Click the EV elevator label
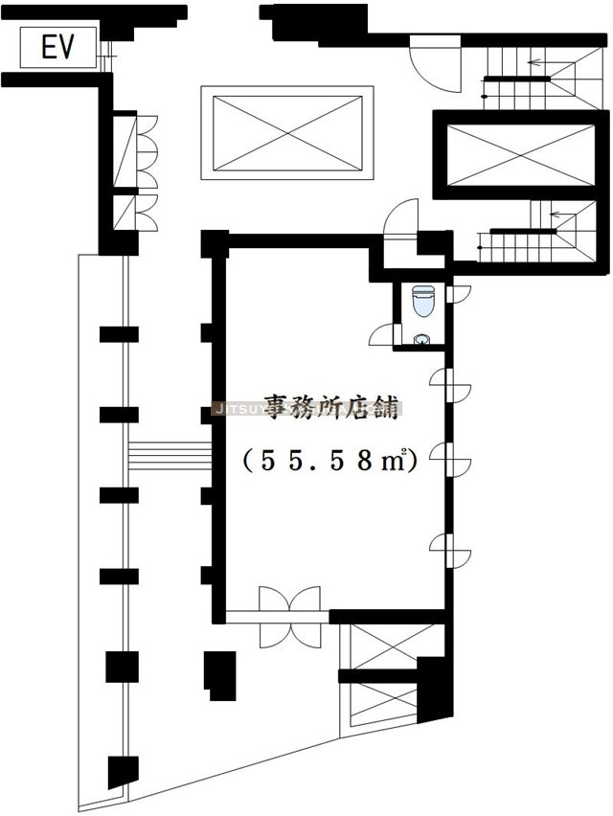click(x=57, y=48)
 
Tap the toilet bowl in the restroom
click(x=422, y=301)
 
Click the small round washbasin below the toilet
click(x=421, y=339)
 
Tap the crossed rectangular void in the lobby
click(x=286, y=132)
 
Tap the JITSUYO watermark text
click(x=306, y=407)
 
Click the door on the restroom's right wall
click(x=458, y=293)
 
